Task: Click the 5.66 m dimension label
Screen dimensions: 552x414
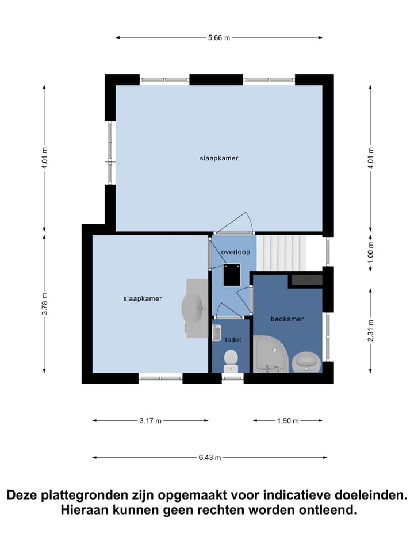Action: (218, 38)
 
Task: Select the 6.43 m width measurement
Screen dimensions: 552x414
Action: (210, 458)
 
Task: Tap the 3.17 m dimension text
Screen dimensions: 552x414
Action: (150, 421)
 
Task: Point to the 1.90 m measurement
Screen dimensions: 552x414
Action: (288, 421)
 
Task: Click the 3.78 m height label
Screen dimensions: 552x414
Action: (44, 304)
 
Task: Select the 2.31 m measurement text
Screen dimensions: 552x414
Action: (371, 331)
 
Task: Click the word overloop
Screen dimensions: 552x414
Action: (235, 252)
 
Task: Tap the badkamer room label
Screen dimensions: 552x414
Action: (287, 319)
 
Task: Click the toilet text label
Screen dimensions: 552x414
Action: (233, 340)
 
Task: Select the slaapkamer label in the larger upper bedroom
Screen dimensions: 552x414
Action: (218, 158)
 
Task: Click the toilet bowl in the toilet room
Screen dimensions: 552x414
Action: (231, 358)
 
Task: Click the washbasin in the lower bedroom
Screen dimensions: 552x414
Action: (194, 307)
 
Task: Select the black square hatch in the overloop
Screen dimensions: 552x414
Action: (232, 274)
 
